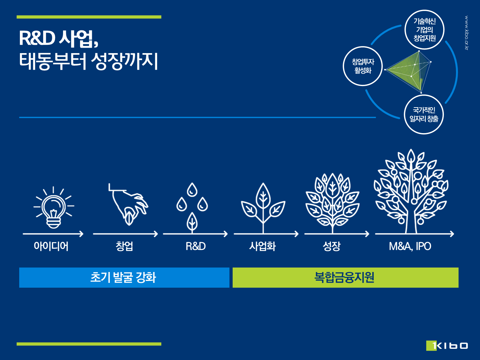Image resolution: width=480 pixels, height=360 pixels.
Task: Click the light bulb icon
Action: [x=54, y=207]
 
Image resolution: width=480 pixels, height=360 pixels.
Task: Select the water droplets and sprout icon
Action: [x=192, y=208]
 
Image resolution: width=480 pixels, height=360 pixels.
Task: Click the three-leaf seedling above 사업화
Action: [x=263, y=208]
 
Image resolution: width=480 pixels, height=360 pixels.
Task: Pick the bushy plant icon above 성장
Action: [x=332, y=203]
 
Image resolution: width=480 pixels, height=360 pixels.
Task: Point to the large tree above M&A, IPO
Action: [x=411, y=191]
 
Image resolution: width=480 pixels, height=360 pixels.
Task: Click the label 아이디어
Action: [x=51, y=246]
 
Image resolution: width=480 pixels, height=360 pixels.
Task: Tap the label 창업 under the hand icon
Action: [x=124, y=246]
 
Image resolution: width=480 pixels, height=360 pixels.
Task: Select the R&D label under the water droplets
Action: [x=196, y=246]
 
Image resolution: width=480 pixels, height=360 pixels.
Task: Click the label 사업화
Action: [x=262, y=246]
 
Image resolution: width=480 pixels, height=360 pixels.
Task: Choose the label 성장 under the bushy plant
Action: [x=332, y=246]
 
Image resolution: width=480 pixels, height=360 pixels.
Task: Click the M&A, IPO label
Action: [x=410, y=246]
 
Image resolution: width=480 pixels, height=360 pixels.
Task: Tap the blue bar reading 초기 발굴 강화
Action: [x=124, y=277]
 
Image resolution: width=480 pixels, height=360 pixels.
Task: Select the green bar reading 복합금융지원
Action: [x=346, y=277]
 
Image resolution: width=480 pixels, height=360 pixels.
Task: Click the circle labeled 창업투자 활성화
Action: [x=363, y=66]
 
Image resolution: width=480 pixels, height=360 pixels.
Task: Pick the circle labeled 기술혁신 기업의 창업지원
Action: [x=424, y=29]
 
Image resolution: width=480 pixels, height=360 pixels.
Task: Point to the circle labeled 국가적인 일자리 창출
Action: [x=424, y=114]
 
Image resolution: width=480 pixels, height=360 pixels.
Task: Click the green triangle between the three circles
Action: [x=407, y=70]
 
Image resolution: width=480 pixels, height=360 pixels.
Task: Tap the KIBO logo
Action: [x=447, y=345]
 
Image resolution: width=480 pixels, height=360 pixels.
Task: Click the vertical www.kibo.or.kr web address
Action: [x=467, y=33]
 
